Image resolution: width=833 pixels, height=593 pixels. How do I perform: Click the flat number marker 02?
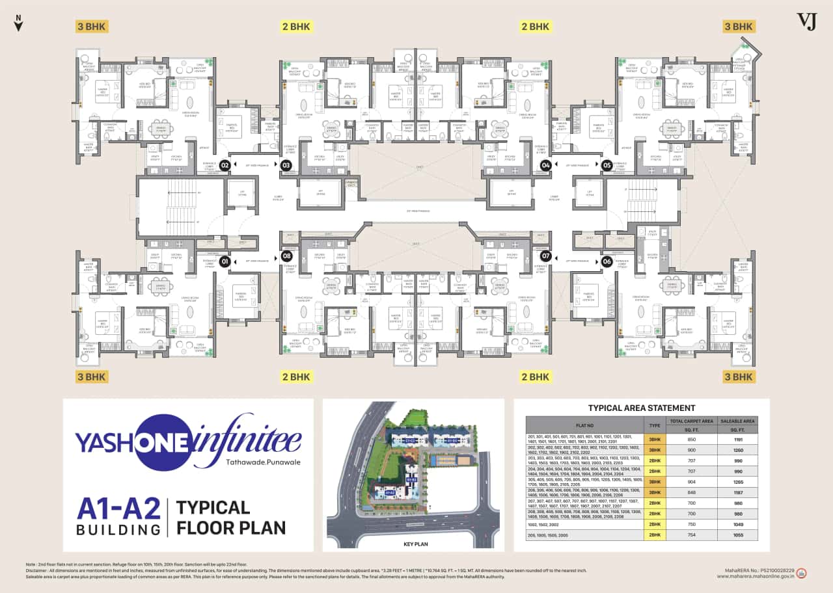(x=225, y=165)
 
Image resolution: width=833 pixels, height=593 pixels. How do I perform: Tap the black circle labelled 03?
(x=286, y=165)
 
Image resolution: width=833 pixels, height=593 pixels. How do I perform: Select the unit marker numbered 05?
(x=607, y=165)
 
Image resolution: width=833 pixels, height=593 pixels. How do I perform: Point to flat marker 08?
(x=286, y=256)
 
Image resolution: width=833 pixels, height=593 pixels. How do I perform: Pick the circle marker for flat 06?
(x=607, y=261)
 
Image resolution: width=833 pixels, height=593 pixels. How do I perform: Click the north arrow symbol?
(x=19, y=24)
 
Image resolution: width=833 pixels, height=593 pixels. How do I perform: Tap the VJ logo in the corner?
(x=806, y=21)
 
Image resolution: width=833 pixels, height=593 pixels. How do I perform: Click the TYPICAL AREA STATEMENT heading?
(x=642, y=408)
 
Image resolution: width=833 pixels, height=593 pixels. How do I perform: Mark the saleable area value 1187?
(x=738, y=492)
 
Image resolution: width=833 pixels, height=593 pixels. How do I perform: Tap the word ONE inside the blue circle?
(x=165, y=443)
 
